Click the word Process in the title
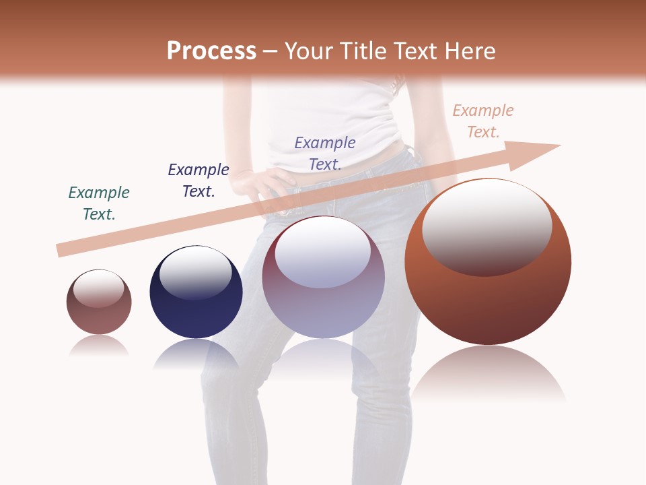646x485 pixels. (211, 51)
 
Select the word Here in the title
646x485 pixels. (469, 51)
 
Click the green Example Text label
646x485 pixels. (99, 203)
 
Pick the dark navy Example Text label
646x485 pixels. (199, 181)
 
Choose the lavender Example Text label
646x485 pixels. (325, 153)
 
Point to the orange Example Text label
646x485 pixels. (483, 121)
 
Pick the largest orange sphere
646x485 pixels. (488, 296)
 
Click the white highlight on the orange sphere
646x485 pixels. (487, 226)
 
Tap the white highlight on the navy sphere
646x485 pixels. (196, 273)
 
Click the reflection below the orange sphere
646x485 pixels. (489, 374)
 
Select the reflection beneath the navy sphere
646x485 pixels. (196, 354)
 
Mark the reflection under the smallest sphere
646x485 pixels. (99, 346)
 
